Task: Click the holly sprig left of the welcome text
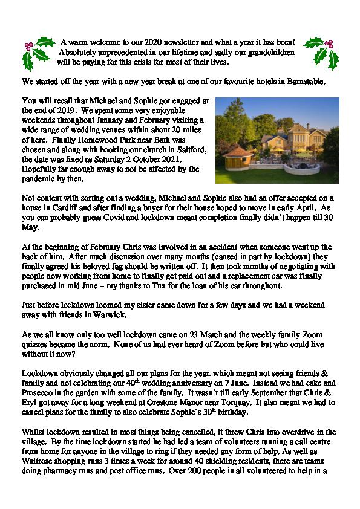pyautogui.click(x=37, y=53)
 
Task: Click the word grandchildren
pyautogui.click(x=265, y=53)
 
